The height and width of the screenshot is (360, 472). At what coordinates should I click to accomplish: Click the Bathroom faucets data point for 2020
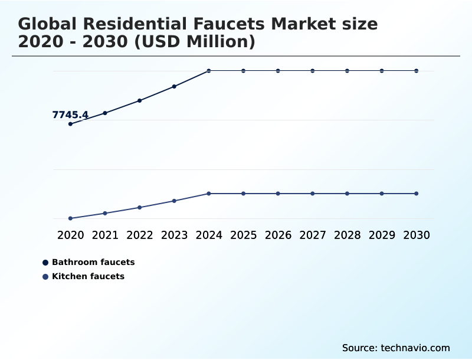pyautogui.click(x=70, y=124)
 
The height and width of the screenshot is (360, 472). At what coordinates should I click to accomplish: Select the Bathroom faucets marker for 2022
pyautogui.click(x=140, y=100)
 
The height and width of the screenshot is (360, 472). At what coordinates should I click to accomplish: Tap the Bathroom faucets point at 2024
pyautogui.click(x=209, y=71)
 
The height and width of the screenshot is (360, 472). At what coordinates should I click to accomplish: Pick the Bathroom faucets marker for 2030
pyautogui.click(x=417, y=71)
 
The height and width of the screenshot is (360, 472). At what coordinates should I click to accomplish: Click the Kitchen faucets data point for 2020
pyautogui.click(x=70, y=218)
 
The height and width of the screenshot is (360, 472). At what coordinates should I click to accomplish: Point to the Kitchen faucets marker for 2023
pyautogui.click(x=174, y=201)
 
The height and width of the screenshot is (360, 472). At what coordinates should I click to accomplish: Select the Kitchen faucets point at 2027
pyautogui.click(x=313, y=194)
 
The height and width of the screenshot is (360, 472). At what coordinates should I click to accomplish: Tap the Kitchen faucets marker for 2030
pyautogui.click(x=417, y=194)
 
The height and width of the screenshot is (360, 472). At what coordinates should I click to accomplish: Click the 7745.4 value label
pyautogui.click(x=70, y=115)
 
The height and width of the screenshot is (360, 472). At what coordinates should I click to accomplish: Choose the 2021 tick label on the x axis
pyautogui.click(x=105, y=235)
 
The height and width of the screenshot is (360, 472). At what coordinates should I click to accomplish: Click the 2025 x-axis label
pyautogui.click(x=243, y=235)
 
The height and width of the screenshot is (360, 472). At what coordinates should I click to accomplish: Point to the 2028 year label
pyautogui.click(x=347, y=235)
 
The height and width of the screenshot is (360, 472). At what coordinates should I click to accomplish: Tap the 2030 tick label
pyautogui.click(x=417, y=235)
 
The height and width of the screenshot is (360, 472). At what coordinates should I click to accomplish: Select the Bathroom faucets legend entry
pyautogui.click(x=93, y=262)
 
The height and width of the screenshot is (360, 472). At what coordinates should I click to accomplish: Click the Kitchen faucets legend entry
pyautogui.click(x=88, y=276)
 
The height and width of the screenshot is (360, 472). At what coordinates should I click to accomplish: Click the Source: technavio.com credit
pyautogui.click(x=396, y=348)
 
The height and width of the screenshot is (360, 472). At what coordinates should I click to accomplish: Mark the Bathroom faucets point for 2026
pyautogui.click(x=278, y=71)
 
